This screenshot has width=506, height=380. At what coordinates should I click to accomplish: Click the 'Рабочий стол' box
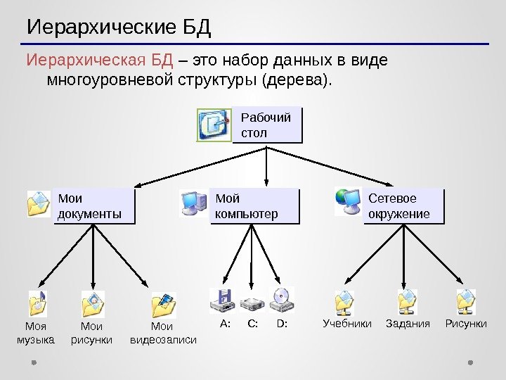[x=266, y=125]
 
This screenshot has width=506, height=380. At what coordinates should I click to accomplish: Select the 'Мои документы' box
[x=93, y=205]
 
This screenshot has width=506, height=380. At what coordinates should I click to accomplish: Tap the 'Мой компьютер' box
[x=253, y=205]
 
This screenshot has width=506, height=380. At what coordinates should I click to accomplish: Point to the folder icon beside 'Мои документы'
[x=38, y=203]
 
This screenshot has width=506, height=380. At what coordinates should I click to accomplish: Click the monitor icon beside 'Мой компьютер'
[x=193, y=203]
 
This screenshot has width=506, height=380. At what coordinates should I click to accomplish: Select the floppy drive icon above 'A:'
[x=223, y=301]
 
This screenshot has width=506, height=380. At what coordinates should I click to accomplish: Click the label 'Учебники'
[x=347, y=324]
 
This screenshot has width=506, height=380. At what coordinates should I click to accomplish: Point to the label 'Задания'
[x=407, y=324]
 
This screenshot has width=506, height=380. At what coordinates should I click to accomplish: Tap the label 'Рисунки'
[x=466, y=324]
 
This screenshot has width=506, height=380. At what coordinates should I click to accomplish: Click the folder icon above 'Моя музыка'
[x=37, y=303]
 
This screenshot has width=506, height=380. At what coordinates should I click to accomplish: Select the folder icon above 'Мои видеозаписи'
[x=163, y=304]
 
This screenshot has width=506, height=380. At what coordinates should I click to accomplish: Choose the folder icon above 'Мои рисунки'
[x=93, y=304]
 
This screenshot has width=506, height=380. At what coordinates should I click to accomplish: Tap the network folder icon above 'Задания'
[x=407, y=301]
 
